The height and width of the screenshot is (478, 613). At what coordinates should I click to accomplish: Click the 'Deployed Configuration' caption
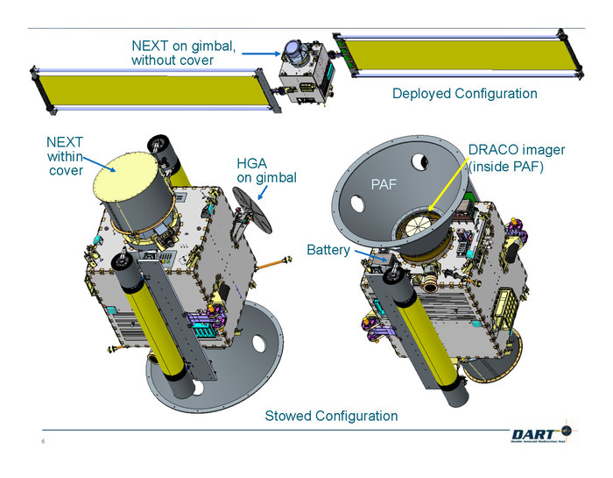464,94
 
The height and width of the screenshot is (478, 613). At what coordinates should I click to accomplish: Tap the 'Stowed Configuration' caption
331,416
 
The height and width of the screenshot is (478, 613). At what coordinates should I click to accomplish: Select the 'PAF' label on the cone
384,184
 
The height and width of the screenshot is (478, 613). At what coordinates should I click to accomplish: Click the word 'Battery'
328,250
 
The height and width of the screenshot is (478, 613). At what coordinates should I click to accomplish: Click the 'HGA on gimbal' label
266,170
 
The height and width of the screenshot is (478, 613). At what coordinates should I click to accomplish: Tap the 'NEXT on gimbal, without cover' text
183,53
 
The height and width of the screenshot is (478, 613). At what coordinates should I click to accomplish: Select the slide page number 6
42,441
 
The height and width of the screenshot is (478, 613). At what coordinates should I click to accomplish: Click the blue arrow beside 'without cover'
259,54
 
